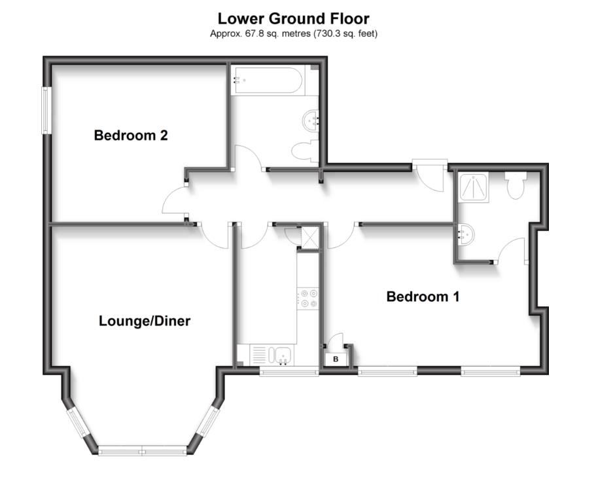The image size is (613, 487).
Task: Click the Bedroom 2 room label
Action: pos(131,135)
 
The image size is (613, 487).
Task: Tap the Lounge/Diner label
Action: pos(145,321)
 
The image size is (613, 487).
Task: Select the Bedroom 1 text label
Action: pos(423,297)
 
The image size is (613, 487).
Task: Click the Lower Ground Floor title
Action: pos(293,18)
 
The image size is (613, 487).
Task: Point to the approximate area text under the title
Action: pos(293,33)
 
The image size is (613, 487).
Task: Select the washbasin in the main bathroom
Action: pos(312,120)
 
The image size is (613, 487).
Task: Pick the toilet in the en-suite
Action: pos(515,185)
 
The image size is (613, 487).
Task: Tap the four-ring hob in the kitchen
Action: pos(307,298)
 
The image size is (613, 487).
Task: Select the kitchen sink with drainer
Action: pos(273,355)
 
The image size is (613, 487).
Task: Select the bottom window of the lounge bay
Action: pos(143,450)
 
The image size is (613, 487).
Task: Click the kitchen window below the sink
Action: pos(289,372)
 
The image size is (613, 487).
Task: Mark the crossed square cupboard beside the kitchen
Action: pos(308,236)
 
